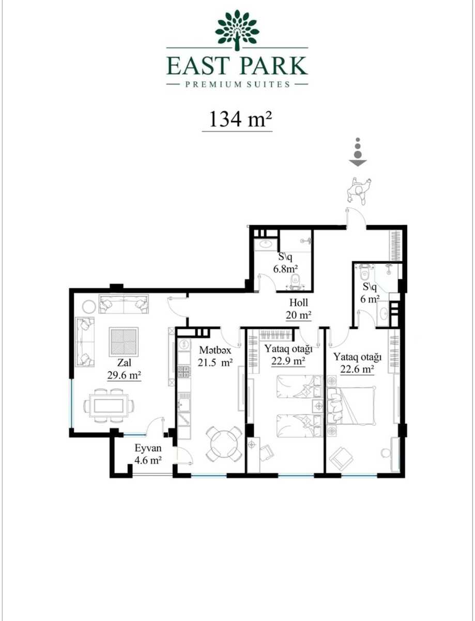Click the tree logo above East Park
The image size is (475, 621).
237,29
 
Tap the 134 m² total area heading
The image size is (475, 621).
240,119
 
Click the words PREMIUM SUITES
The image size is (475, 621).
237,84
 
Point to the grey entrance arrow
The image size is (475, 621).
358,152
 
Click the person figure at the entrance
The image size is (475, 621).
359,190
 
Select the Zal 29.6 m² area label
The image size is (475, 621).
125,369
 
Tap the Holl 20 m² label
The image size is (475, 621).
298,309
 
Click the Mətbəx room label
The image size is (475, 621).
215,350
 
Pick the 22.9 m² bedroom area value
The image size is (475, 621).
288,361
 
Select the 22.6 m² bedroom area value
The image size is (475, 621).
357,369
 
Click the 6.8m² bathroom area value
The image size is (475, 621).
286,269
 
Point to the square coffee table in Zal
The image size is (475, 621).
124,342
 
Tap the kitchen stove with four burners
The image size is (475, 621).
184,371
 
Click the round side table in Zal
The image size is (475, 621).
89,306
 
